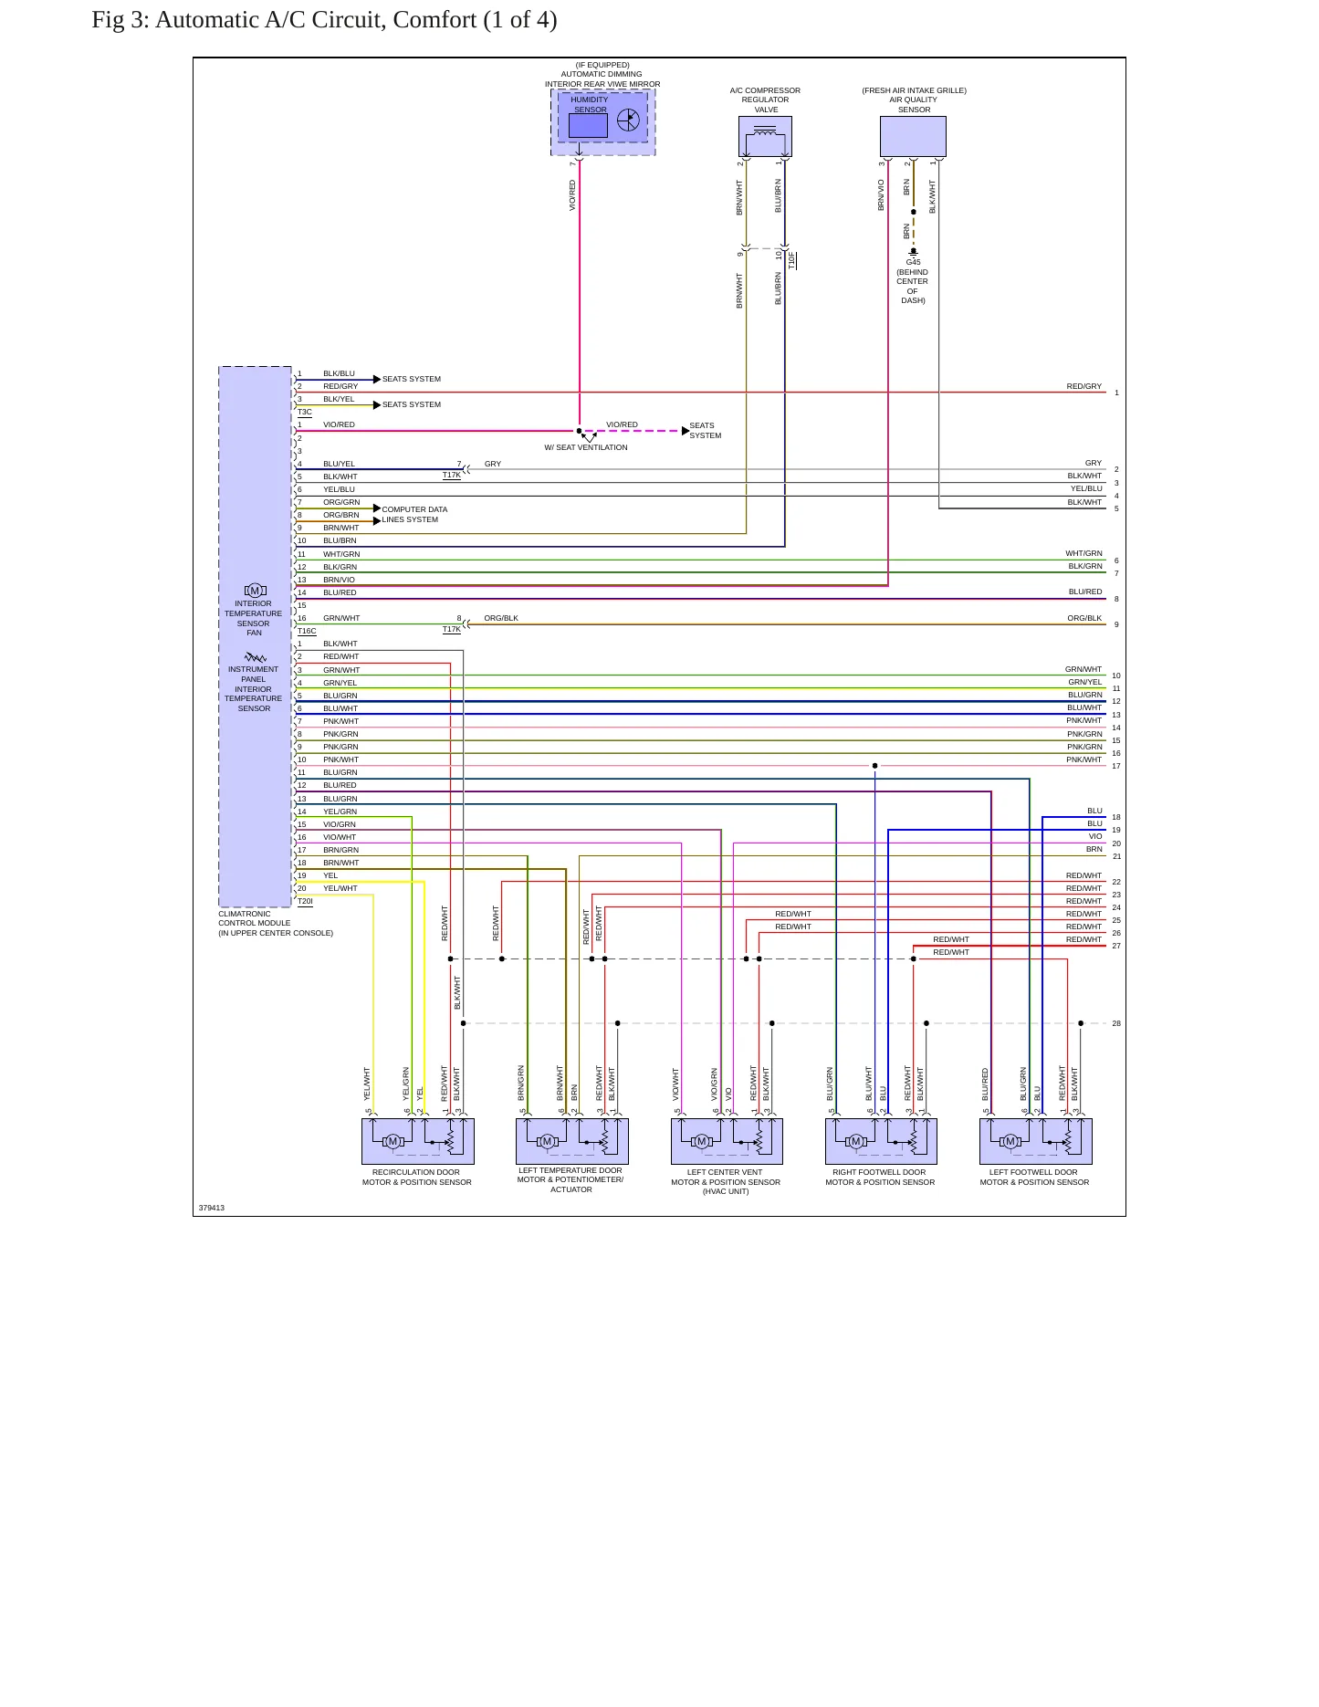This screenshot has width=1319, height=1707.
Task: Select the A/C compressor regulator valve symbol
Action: [x=765, y=136]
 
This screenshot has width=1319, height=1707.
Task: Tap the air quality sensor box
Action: [x=913, y=136]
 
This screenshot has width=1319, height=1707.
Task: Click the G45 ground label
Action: [x=913, y=262]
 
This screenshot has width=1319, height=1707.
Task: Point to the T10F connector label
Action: [x=792, y=260]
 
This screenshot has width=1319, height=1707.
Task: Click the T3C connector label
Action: [x=305, y=413]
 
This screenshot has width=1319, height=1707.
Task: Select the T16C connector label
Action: [x=307, y=632]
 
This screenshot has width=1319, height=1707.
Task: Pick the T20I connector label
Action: [x=305, y=902]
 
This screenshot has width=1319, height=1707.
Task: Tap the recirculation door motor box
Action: [x=418, y=1141]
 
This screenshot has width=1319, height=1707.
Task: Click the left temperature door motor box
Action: [x=572, y=1141]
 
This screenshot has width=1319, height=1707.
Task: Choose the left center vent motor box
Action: [x=727, y=1141]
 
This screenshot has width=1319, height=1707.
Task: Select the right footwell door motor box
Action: [x=881, y=1141]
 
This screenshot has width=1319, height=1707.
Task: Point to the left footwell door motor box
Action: [x=1036, y=1141]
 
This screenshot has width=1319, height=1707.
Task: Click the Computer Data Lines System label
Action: [x=414, y=515]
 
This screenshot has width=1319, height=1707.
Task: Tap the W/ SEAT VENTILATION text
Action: [x=586, y=447]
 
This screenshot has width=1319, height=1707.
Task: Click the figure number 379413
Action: [x=212, y=1208]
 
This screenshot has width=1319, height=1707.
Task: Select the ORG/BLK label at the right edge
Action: [x=1084, y=618]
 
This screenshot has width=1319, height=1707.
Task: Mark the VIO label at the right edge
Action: [x=1095, y=836]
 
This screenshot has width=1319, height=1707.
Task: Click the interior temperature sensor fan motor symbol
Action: [x=255, y=591]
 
